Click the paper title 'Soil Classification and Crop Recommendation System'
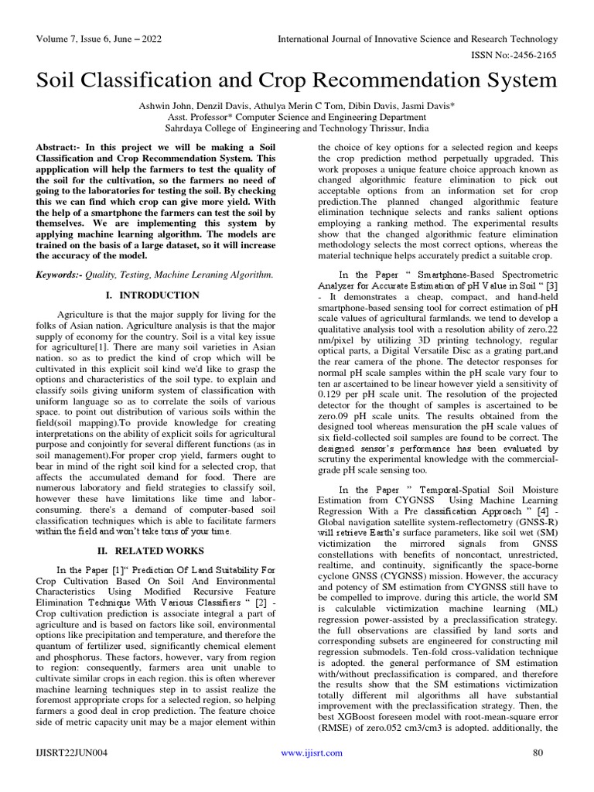[x=297, y=80]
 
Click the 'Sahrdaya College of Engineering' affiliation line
[x=297, y=128]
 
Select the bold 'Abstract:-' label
[x=60, y=147]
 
